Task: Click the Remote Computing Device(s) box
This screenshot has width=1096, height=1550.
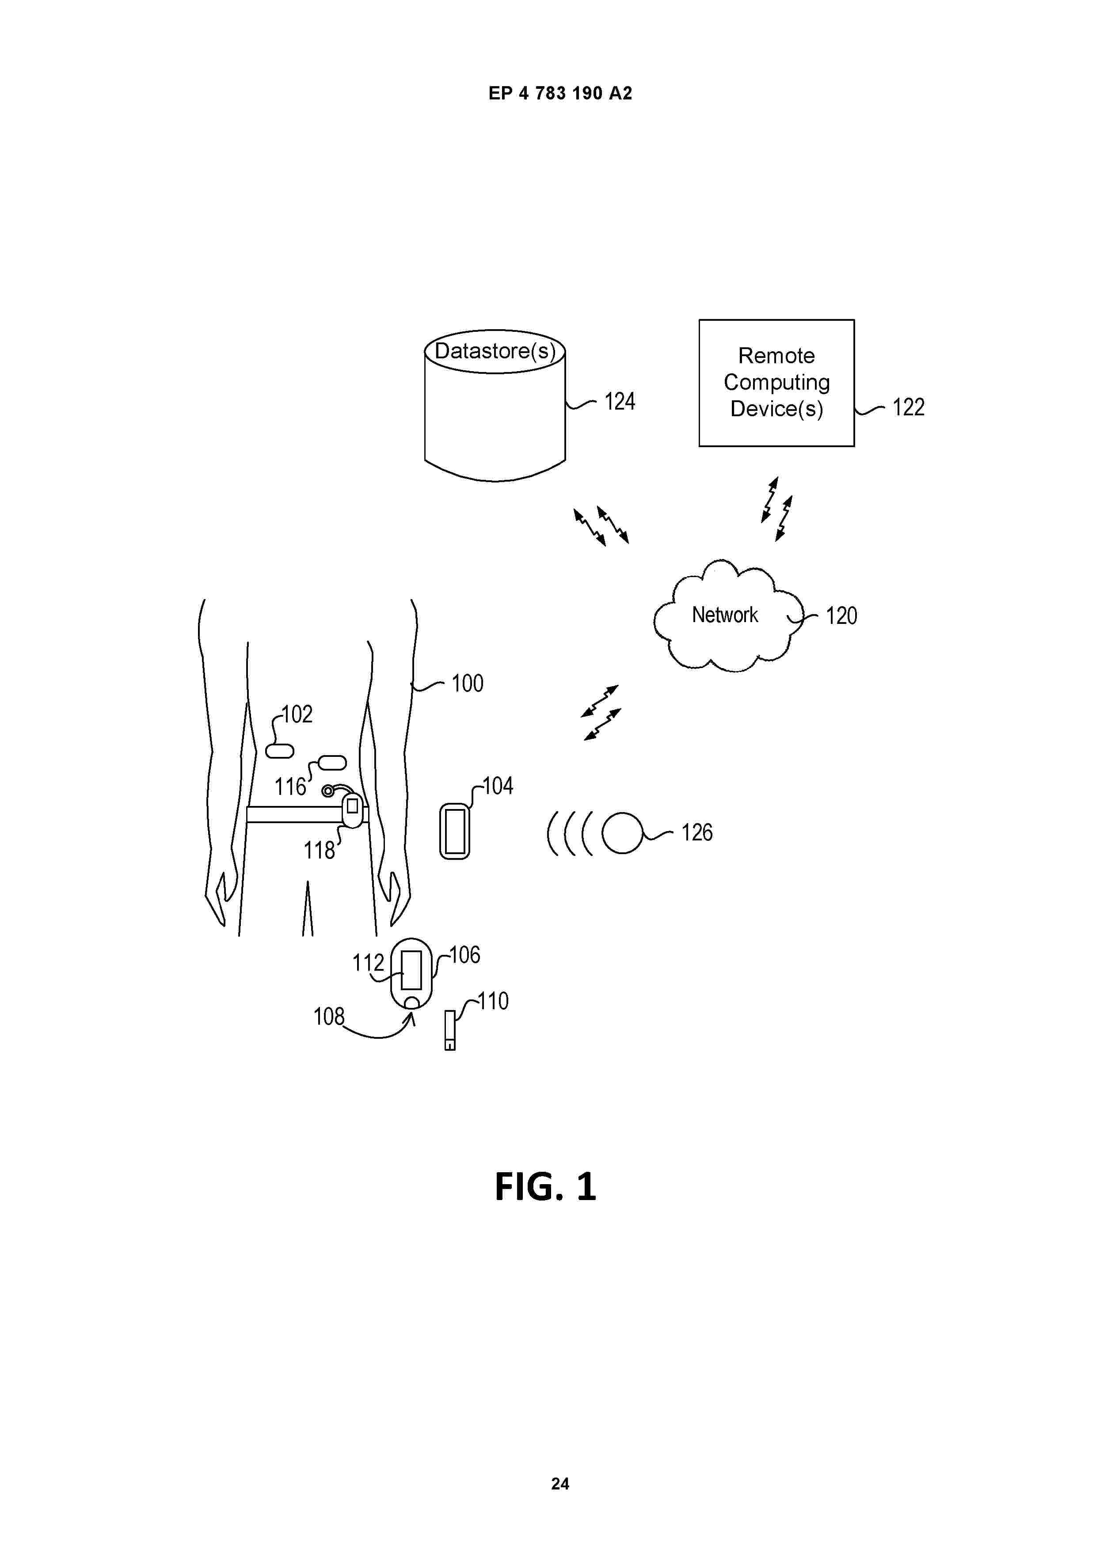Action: point(776,383)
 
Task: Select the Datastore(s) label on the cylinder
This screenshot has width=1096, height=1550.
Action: point(495,351)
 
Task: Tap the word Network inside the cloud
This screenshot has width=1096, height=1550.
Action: point(725,615)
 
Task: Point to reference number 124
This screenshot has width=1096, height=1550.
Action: point(619,402)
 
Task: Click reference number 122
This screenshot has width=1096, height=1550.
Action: point(908,407)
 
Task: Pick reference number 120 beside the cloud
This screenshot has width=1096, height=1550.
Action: point(841,615)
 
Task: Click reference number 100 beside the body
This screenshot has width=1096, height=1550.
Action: point(467,683)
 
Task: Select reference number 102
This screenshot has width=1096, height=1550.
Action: point(297,714)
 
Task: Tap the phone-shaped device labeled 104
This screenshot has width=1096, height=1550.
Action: point(454,831)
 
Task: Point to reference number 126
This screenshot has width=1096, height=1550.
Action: point(697,832)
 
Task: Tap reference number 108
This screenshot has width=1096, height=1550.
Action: point(329,1017)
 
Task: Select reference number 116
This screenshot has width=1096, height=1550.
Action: point(290,787)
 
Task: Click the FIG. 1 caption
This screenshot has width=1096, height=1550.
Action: point(546,1186)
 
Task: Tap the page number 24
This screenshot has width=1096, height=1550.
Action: point(560,1484)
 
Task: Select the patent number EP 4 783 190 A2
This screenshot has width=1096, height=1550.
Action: point(560,93)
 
